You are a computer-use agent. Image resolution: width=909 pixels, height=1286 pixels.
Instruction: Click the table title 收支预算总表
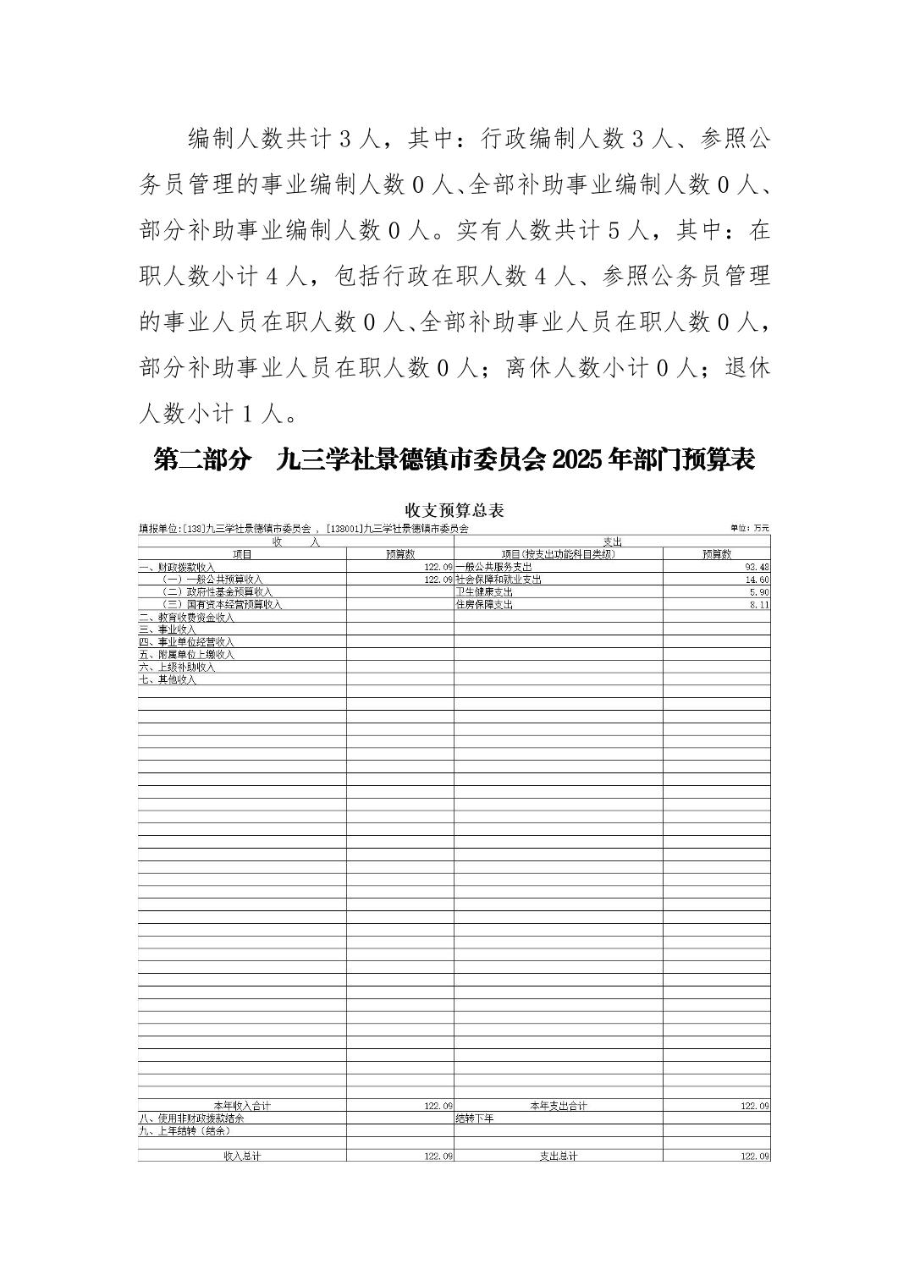pos(454,510)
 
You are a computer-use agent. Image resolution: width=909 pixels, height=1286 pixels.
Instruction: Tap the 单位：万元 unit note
pos(751,529)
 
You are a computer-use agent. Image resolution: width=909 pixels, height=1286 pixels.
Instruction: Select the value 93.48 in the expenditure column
pos(757,567)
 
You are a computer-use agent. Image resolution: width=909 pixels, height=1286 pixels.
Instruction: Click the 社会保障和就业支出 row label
pos(499,580)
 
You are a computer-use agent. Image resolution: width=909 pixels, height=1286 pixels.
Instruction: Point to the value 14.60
pos(757,580)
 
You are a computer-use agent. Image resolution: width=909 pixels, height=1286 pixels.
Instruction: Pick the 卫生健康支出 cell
pos(484,592)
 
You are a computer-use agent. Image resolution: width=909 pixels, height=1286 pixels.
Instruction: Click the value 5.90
pos(759,592)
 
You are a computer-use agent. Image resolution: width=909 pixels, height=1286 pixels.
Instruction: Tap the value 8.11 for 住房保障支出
pos(759,605)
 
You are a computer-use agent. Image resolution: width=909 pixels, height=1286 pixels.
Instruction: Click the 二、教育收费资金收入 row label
pos(186,618)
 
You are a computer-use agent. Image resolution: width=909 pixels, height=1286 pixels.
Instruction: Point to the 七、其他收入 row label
pos(168,680)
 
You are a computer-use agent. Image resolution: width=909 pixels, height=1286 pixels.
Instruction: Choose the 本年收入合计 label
pos(242,1106)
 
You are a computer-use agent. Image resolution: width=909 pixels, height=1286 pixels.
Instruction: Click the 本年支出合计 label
pos(558,1106)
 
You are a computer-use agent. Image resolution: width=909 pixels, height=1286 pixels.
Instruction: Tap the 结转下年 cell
pos(474,1118)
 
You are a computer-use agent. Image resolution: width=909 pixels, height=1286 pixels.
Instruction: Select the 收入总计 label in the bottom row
pos(242,1156)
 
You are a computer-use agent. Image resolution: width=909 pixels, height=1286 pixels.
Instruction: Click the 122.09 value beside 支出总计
pos(754,1156)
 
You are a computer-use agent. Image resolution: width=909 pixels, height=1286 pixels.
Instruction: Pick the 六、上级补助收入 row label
pos(177,668)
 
